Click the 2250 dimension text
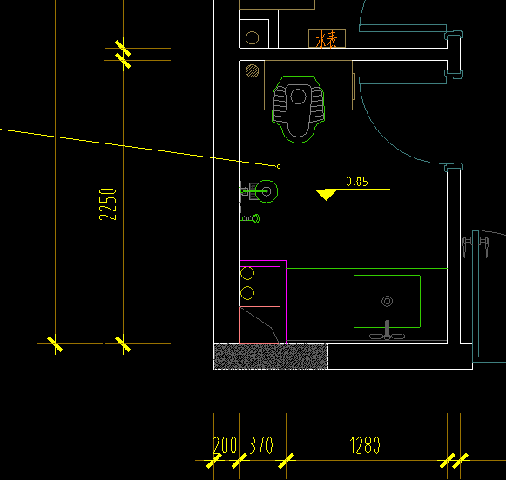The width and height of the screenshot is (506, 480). point(107,204)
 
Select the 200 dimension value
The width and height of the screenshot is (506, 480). point(226,445)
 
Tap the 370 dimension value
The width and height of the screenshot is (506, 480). point(261,445)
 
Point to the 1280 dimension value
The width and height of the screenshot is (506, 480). point(365,445)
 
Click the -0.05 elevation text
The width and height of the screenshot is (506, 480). point(354,182)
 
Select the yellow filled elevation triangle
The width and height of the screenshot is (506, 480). point(327,194)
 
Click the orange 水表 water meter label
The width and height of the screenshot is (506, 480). point(327,39)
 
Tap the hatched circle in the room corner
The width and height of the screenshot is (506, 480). point(252,71)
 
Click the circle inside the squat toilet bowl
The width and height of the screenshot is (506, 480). point(298,97)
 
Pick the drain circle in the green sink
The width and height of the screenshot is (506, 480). point(388,301)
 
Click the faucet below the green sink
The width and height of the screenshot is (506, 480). point(387,332)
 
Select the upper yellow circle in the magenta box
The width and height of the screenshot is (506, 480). point(247,273)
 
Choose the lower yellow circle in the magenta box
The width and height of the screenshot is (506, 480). point(247,293)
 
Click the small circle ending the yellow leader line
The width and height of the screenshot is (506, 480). point(279,167)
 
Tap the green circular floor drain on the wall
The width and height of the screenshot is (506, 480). point(266,191)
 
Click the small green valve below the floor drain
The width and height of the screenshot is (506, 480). point(249,219)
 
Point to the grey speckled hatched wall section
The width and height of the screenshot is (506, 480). point(271,357)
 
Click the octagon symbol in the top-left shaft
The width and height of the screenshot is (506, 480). point(252,37)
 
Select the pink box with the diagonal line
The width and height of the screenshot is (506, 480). point(260,325)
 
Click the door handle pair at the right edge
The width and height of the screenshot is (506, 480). point(476,246)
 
